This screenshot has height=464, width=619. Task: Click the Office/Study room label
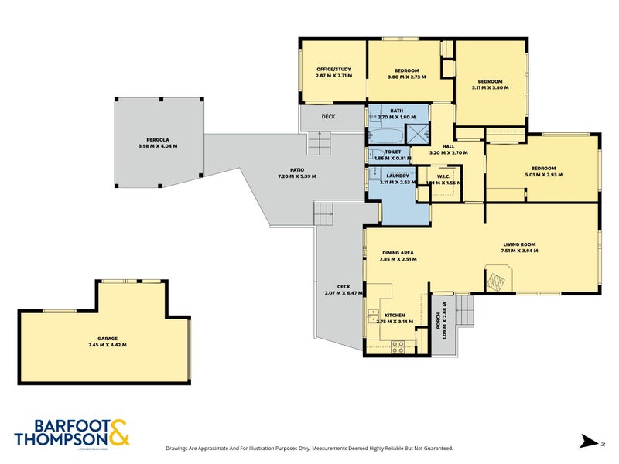(x=333, y=70)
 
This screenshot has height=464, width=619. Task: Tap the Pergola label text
(x=158, y=139)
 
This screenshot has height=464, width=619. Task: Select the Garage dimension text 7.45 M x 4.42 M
(x=102, y=344)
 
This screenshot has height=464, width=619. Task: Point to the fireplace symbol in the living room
(x=497, y=277)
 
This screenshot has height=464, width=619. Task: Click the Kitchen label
(x=395, y=316)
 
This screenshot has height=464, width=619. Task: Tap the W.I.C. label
(x=443, y=176)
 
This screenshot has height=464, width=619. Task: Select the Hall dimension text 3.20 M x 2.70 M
(x=449, y=153)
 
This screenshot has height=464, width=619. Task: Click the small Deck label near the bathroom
(x=328, y=117)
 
